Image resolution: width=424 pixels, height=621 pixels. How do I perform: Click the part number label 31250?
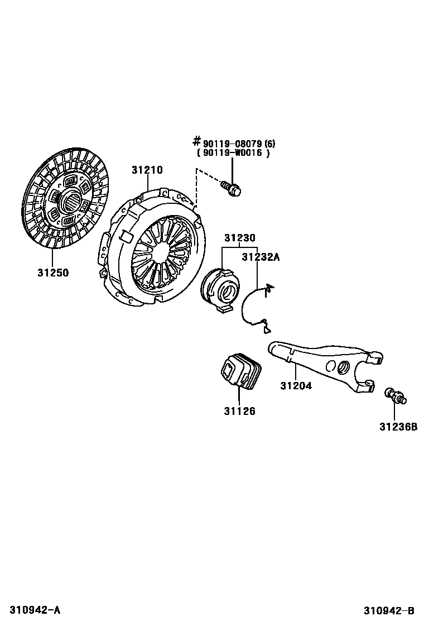(53, 273)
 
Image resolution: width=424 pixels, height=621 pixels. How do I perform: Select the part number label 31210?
(147, 170)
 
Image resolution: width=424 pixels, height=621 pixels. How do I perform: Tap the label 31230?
(240, 238)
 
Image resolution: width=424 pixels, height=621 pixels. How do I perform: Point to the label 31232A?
(260, 257)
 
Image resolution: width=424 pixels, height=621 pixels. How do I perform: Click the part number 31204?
(296, 385)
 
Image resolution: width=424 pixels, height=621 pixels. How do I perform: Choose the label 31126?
(239, 412)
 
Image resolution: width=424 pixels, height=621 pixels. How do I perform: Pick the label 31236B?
(398, 427)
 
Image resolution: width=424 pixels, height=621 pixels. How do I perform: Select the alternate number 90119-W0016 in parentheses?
(233, 153)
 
